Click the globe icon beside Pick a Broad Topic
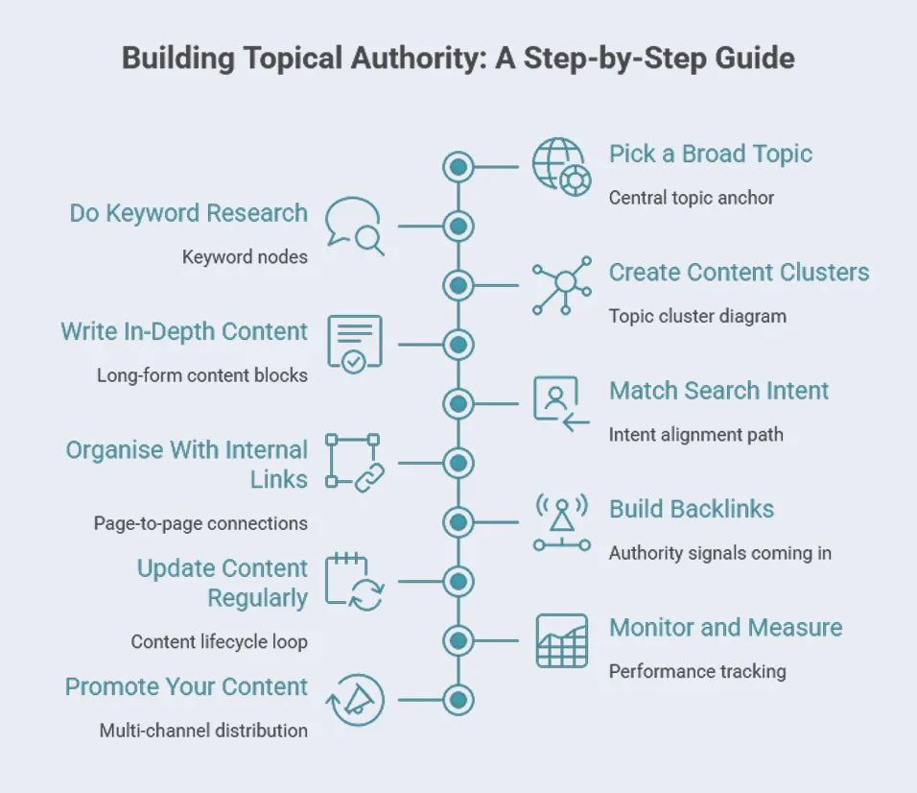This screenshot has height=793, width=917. [x=562, y=167]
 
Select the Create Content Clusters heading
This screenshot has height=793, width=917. [x=739, y=272]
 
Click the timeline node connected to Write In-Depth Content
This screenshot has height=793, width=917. [x=458, y=345]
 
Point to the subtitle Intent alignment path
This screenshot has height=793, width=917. [x=695, y=434]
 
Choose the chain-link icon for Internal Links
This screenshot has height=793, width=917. [x=354, y=463]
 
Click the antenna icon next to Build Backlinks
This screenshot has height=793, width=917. [x=562, y=522]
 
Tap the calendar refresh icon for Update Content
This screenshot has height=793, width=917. [x=354, y=582]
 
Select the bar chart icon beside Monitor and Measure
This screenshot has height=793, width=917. [x=562, y=640]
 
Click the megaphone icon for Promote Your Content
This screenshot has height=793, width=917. [x=354, y=700]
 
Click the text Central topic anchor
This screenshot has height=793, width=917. [x=691, y=198]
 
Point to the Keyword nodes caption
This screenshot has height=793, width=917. [x=245, y=257]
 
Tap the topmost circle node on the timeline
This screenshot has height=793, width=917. [x=458, y=167]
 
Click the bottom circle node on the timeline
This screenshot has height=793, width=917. [x=458, y=700]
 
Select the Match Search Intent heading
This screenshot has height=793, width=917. [x=718, y=391]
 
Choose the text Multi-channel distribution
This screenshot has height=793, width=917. [x=203, y=731]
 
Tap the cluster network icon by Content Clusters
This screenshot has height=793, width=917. [x=562, y=285]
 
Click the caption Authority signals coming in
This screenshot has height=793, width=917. [x=719, y=553]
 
